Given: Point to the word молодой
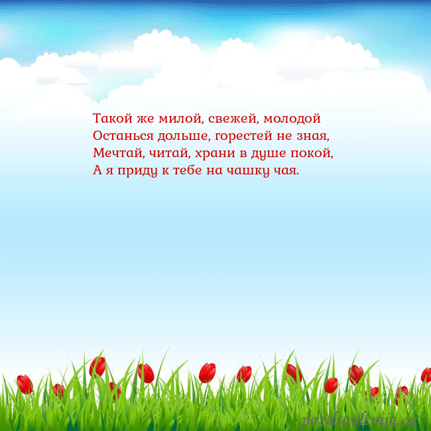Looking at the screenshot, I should coord(292,119).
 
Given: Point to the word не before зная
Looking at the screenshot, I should coord(283,136).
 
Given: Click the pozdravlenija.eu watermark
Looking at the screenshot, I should coord(361,420).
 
